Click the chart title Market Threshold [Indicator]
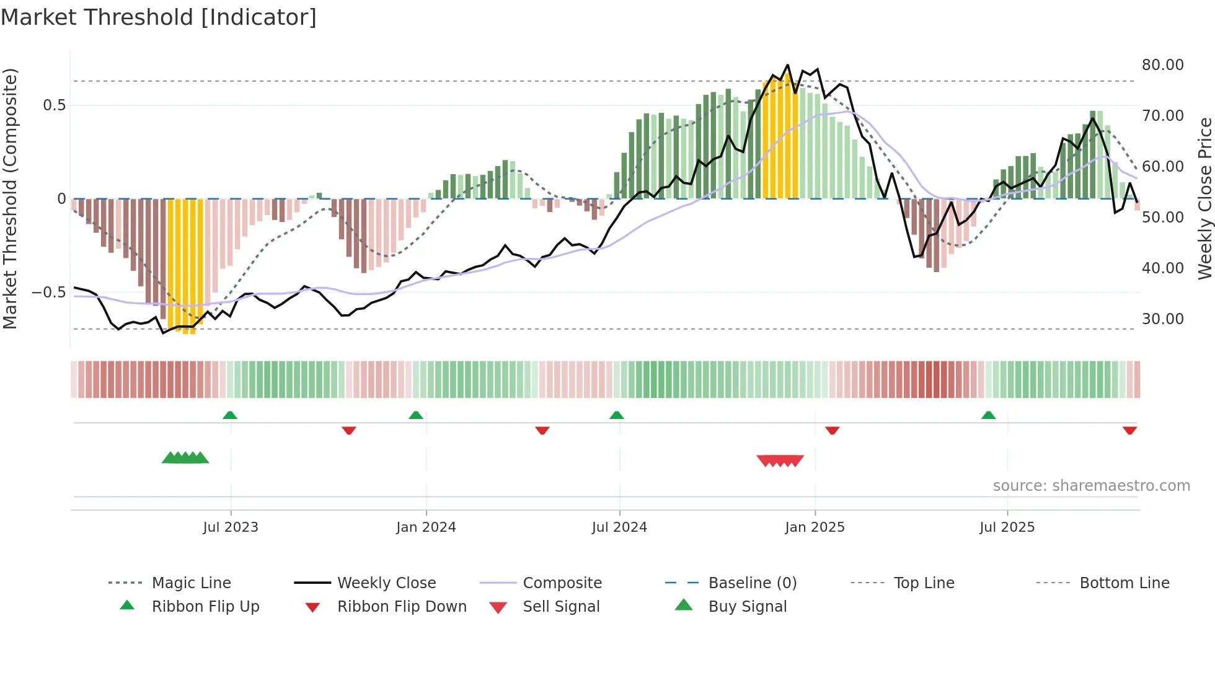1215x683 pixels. click(x=159, y=17)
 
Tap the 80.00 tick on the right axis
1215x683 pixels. click(x=1162, y=65)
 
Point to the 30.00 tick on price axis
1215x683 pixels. click(x=1162, y=319)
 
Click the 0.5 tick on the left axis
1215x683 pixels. click(x=54, y=105)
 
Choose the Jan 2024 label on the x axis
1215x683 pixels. click(x=426, y=527)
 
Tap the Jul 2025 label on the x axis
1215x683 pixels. click(x=1007, y=527)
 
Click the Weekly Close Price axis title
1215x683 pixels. click(x=1204, y=198)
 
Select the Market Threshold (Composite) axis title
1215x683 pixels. click(x=10, y=198)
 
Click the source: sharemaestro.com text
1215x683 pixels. click(x=1091, y=486)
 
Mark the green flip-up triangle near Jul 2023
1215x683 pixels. click(x=230, y=415)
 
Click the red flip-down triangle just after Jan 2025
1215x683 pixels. click(x=832, y=430)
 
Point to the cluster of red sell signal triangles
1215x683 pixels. click(x=780, y=460)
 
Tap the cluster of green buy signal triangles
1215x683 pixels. click(x=185, y=458)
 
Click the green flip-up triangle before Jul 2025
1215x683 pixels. click(x=988, y=415)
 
